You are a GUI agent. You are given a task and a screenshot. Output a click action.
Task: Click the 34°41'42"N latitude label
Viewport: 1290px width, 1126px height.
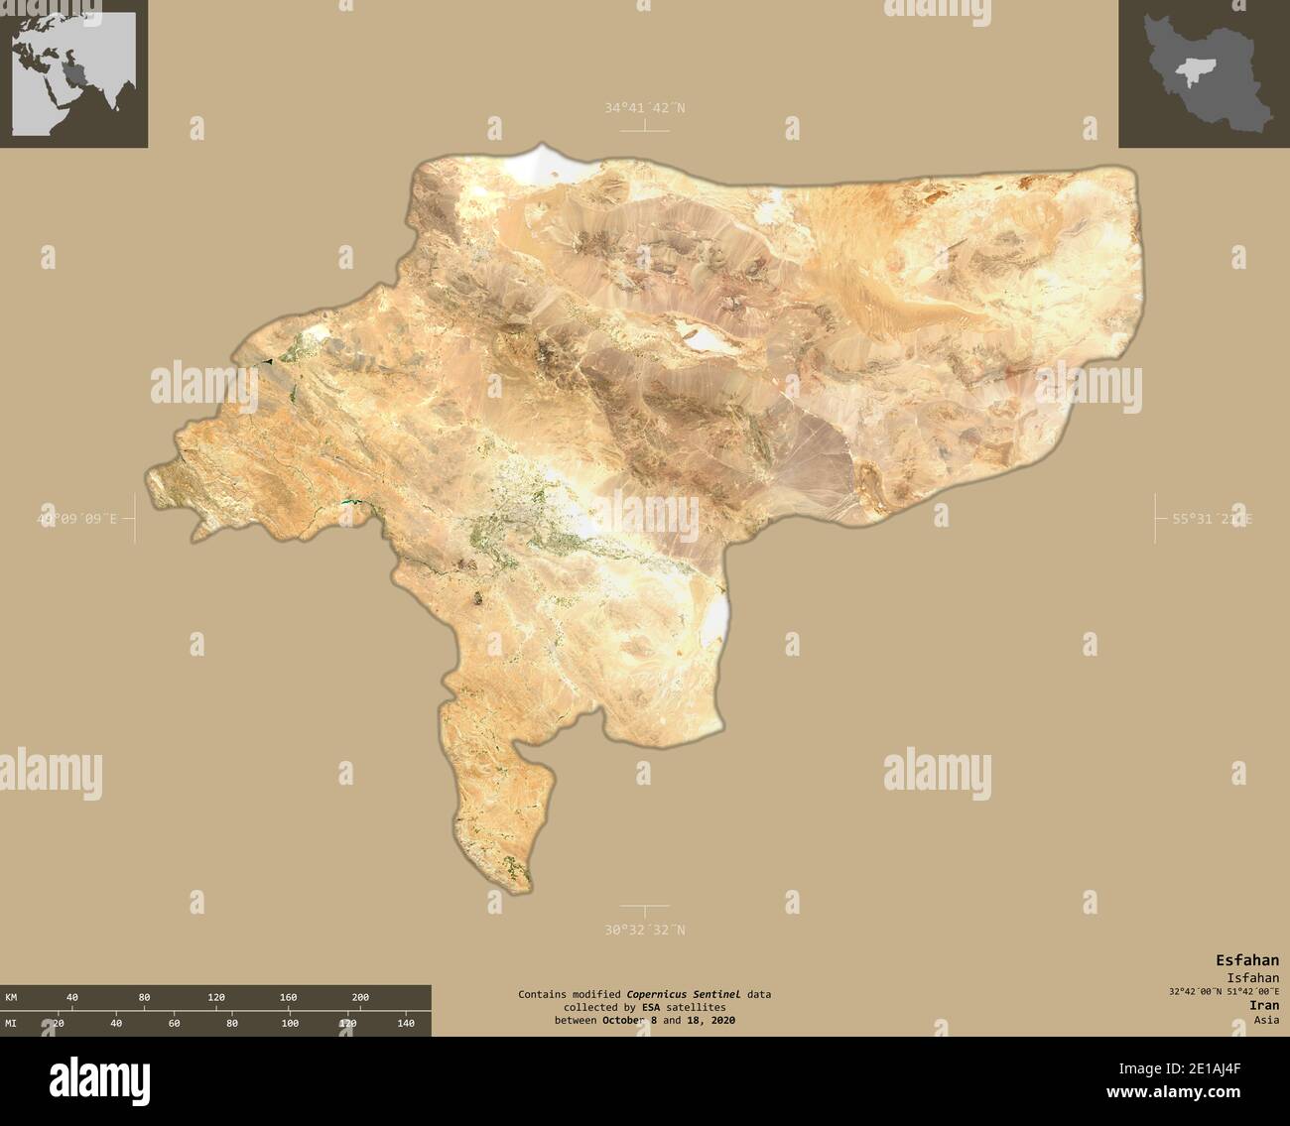click(644, 107)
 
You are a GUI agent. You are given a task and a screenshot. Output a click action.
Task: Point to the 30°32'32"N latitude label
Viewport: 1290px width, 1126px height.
click(644, 930)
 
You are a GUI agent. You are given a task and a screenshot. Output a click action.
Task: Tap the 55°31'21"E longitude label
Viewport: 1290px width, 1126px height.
click(1212, 519)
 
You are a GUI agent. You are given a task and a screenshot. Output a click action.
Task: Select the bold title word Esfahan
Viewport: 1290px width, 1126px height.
click(1247, 959)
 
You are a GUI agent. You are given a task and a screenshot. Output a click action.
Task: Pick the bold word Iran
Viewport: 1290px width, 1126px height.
click(1264, 1005)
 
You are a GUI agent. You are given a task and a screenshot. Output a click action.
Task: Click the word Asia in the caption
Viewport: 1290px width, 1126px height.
click(1265, 1019)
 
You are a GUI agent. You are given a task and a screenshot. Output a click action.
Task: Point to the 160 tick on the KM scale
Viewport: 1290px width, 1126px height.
click(288, 997)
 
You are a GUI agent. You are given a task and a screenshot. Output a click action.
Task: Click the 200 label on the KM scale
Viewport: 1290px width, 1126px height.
click(360, 997)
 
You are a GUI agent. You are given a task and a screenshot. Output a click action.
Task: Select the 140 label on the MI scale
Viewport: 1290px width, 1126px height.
click(405, 1023)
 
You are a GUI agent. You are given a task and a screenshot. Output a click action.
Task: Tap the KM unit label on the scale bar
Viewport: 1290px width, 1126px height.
click(11, 997)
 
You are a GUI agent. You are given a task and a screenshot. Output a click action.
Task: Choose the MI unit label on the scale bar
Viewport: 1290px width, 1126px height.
click(11, 1023)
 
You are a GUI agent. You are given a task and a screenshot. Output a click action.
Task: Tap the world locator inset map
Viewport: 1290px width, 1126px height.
click(73, 72)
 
